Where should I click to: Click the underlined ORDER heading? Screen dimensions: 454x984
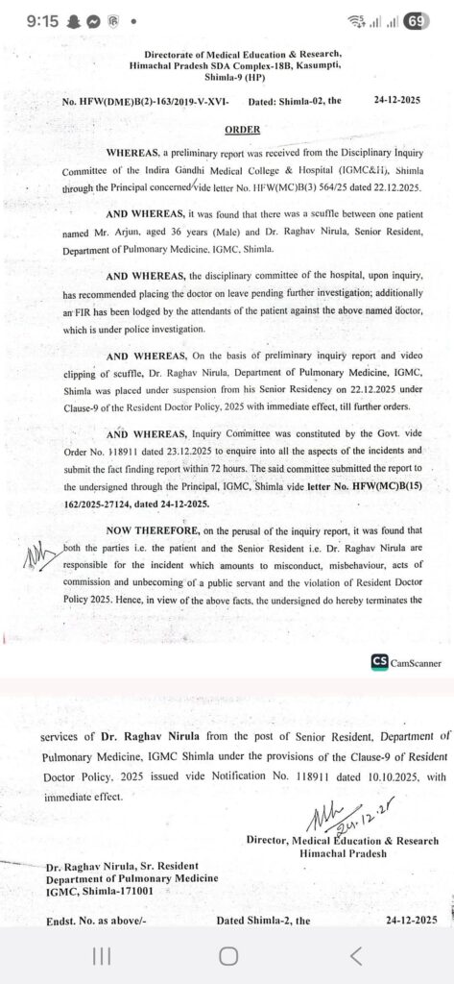[242, 128]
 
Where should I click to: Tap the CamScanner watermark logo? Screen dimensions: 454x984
[403, 662]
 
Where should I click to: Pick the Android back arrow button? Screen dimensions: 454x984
[356, 955]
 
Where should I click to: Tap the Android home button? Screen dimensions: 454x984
[227, 955]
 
